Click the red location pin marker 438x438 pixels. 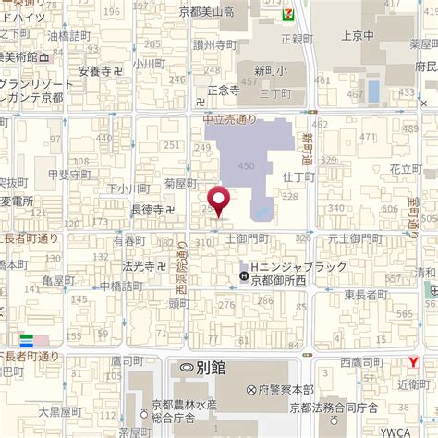pyautogui.click(x=219, y=200)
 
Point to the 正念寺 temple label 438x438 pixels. pyautogui.click(x=224, y=91)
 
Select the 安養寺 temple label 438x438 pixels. pyautogui.click(x=100, y=70)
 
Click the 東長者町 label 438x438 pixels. pyautogui.click(x=366, y=295)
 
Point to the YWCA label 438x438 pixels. pyautogui.click(x=420, y=431)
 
